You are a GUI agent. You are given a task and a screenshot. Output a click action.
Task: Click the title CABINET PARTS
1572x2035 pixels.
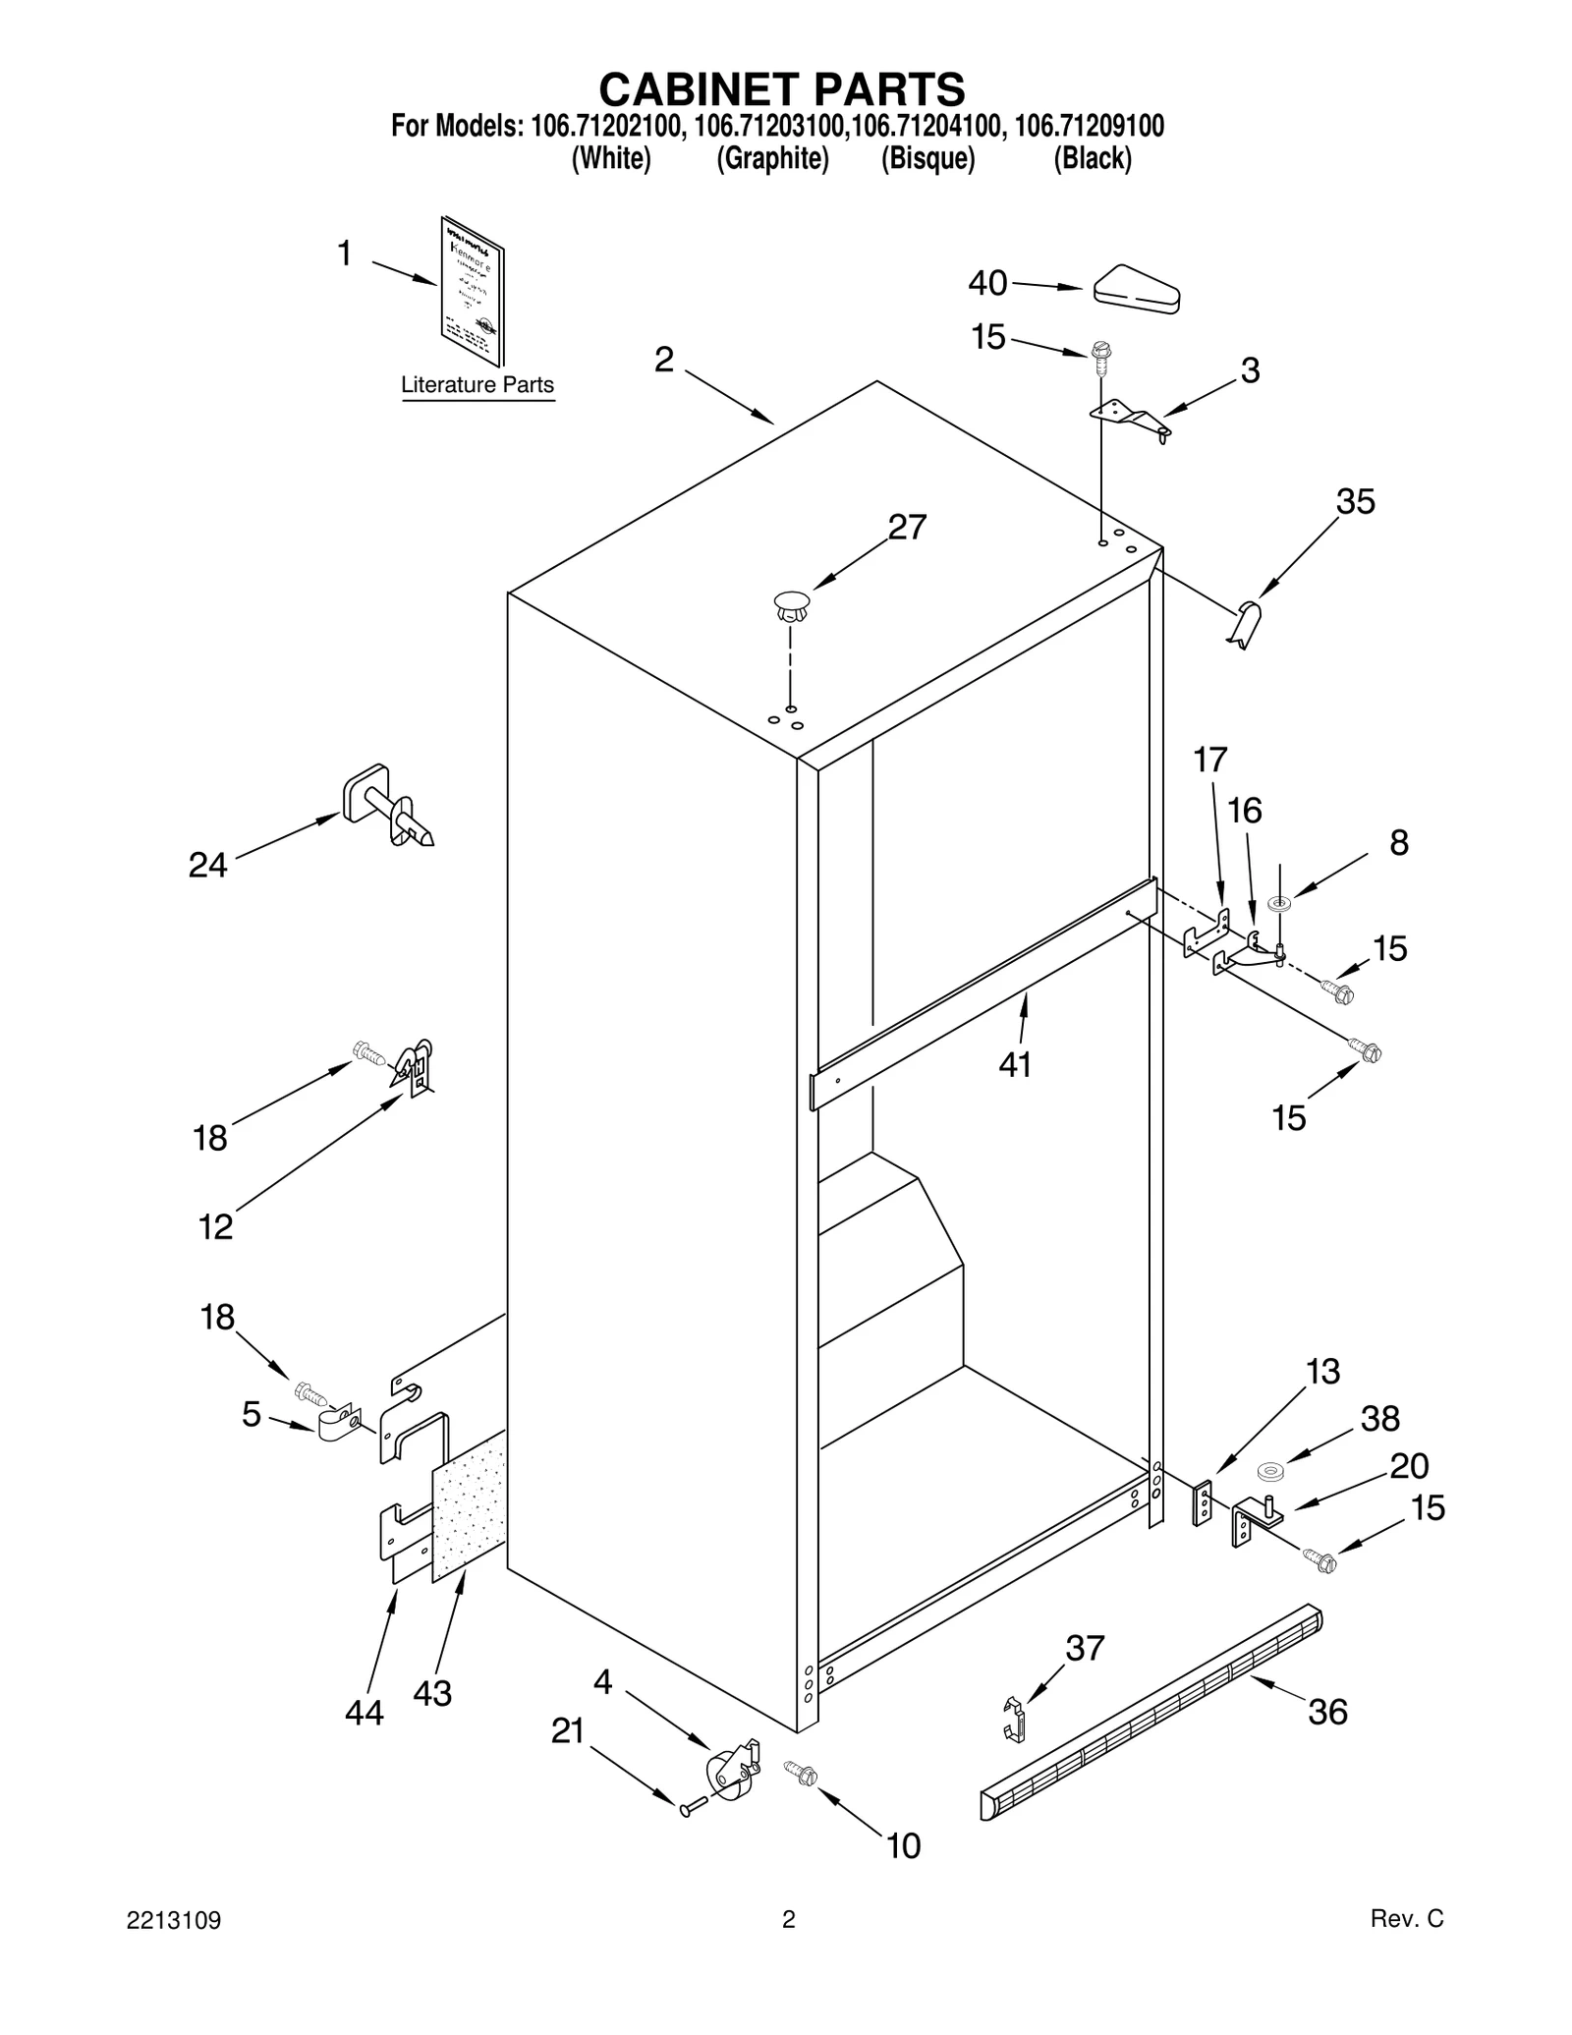782,89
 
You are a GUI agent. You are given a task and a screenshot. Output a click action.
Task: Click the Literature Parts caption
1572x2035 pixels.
477,385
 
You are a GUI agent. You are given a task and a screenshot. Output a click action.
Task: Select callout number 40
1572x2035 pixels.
987,283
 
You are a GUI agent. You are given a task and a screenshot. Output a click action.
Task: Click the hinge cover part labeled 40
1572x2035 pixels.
1137,290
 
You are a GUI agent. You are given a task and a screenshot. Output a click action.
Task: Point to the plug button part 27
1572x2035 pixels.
791,604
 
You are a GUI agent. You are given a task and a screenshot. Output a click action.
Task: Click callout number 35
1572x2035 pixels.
1355,502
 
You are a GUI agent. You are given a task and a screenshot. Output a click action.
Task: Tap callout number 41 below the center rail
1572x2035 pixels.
1015,1064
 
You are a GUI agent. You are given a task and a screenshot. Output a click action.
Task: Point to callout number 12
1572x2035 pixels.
216,1226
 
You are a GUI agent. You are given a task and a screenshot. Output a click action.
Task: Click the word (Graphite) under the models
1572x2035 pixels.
772,158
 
